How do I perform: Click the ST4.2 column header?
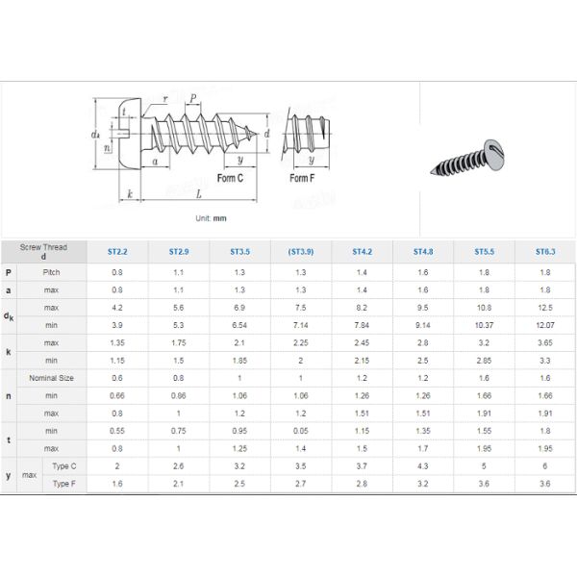pos(362,251)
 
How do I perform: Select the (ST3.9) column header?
pos(300,251)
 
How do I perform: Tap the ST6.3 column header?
pos(545,251)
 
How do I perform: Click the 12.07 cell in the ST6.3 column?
pos(545,325)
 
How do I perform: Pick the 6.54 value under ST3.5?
pos(239,325)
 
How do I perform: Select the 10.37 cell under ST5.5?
pos(484,325)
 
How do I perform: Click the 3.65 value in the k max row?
pos(545,342)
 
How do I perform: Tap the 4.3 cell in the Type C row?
pos(422,465)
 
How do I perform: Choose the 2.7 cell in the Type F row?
pos(300,483)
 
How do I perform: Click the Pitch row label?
pos(52,272)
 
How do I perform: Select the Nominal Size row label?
pos(52,378)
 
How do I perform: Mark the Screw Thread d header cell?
pos(43,251)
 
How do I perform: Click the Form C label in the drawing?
pos(230,179)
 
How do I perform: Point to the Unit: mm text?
pos(211,218)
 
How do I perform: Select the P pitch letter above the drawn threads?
pos(194,99)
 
